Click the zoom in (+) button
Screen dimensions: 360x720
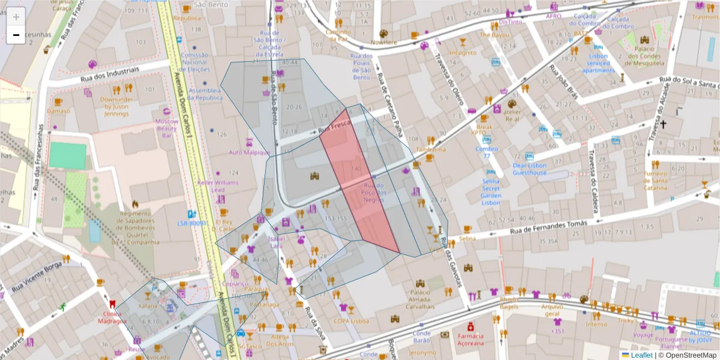point(16,17)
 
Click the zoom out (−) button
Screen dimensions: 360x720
point(16,35)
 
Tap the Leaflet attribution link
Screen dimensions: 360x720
point(641,355)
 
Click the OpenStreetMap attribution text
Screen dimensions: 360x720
point(688,355)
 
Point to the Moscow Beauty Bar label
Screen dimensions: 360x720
point(167,128)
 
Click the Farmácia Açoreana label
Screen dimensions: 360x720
point(470,340)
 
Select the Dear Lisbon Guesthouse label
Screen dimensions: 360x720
point(530,169)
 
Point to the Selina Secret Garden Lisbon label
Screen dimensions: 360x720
point(491,191)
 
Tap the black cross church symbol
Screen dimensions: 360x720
point(663,125)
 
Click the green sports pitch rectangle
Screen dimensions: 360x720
point(68,155)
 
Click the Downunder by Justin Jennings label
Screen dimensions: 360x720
point(116,106)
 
